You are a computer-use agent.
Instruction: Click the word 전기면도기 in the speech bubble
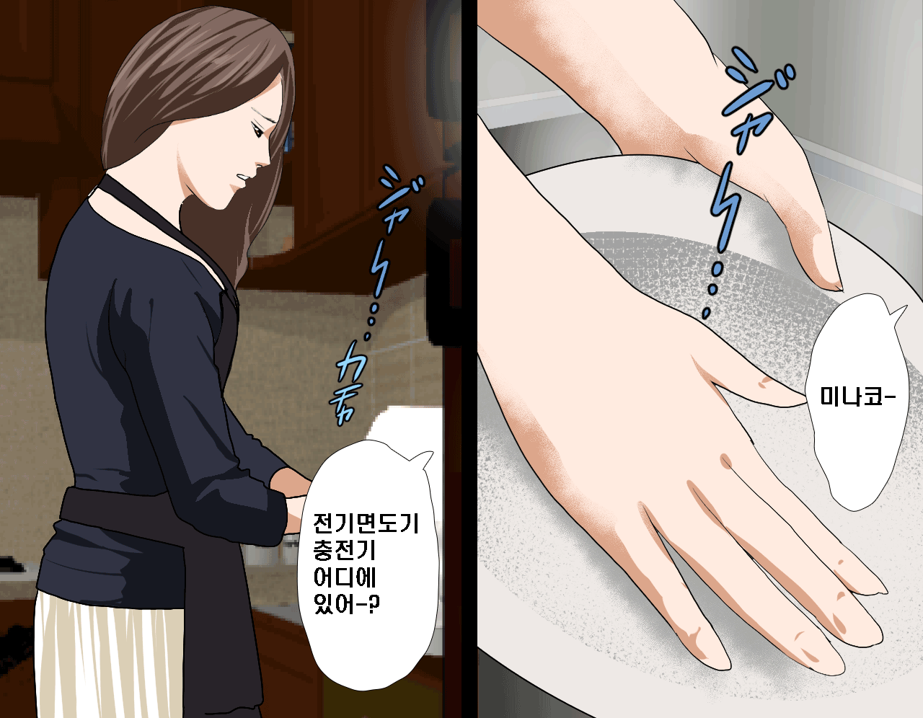366,523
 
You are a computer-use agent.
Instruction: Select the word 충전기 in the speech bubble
345,550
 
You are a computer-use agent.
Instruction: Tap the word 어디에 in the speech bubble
345,577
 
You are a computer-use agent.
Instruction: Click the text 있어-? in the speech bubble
347,604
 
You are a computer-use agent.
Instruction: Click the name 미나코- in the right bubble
858,398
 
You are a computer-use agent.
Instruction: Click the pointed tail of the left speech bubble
432,453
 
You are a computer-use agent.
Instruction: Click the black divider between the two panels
469,359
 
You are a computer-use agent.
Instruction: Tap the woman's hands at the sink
293,501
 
